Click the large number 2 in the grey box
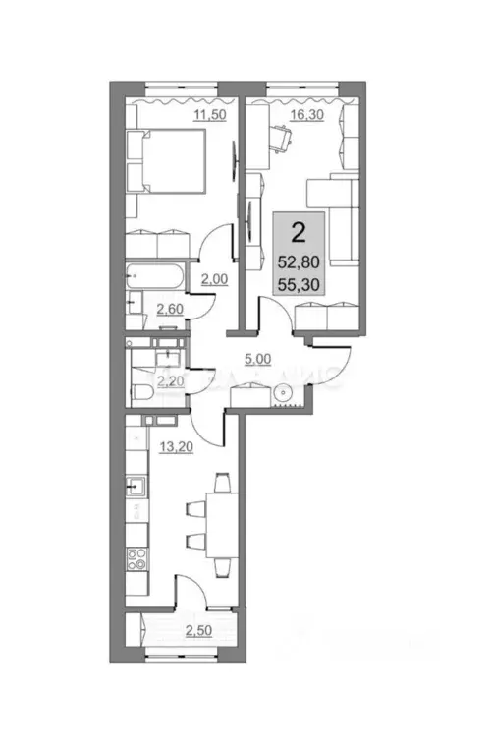[295, 234]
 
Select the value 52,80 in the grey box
[296, 262]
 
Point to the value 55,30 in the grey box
[296, 285]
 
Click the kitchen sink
[136, 485]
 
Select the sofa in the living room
[339, 218]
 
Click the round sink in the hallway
[282, 392]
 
